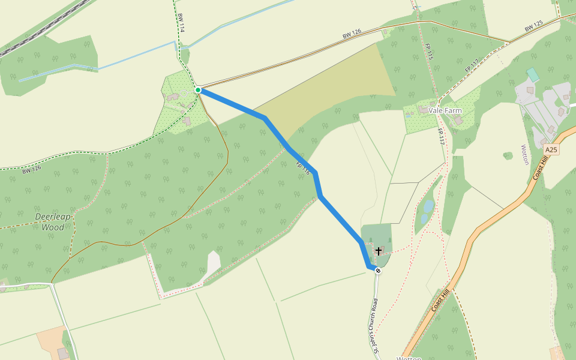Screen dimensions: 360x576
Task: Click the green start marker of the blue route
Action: pyautogui.click(x=198, y=90)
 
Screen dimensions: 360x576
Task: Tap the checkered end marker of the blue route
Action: pyautogui.click(x=378, y=271)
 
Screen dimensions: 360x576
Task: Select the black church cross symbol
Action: pyautogui.click(x=379, y=251)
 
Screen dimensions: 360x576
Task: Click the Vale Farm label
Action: pyautogui.click(x=445, y=111)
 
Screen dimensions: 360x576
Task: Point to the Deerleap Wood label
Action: pyautogui.click(x=53, y=222)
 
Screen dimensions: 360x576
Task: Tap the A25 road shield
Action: pyautogui.click(x=551, y=149)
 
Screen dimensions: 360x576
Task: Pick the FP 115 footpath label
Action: pyautogui.click(x=429, y=52)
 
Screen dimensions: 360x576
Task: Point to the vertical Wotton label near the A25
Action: pyautogui.click(x=524, y=154)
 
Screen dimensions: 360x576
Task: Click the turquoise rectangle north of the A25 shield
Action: pyautogui.click(x=532, y=75)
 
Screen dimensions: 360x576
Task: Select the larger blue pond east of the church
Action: pyautogui.click(x=428, y=206)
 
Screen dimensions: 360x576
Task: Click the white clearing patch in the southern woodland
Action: pyautogui.click(x=213, y=263)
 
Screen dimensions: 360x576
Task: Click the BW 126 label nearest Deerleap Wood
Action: pyautogui.click(x=32, y=170)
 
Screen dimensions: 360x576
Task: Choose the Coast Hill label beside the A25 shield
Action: pyautogui.click(x=541, y=167)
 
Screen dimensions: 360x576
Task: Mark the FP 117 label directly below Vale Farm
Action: pyautogui.click(x=441, y=136)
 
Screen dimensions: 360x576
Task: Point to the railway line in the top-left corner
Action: pyautogui.click(x=36, y=30)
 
